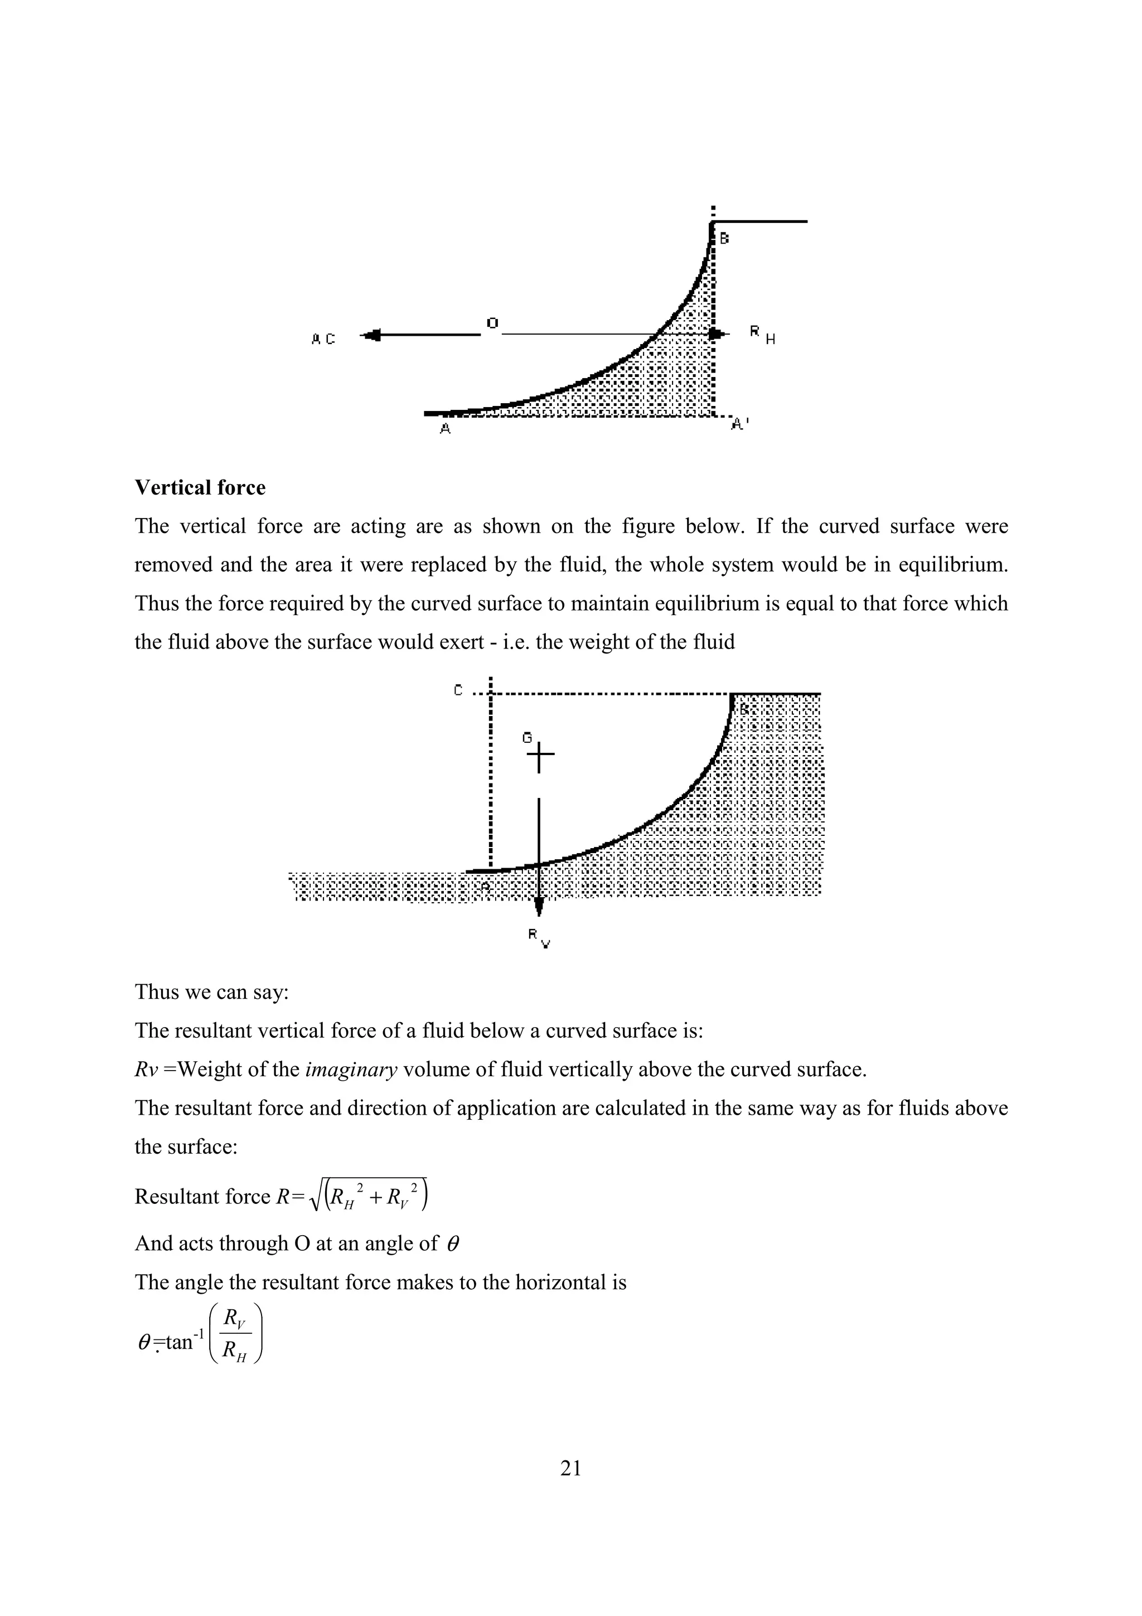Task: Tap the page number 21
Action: click(570, 1468)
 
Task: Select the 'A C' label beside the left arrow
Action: click(323, 339)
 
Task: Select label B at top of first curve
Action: click(724, 239)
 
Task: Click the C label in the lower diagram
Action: click(458, 690)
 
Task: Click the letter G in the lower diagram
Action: click(527, 738)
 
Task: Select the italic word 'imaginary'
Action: click(351, 1070)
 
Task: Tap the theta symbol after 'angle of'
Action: click(453, 1244)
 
